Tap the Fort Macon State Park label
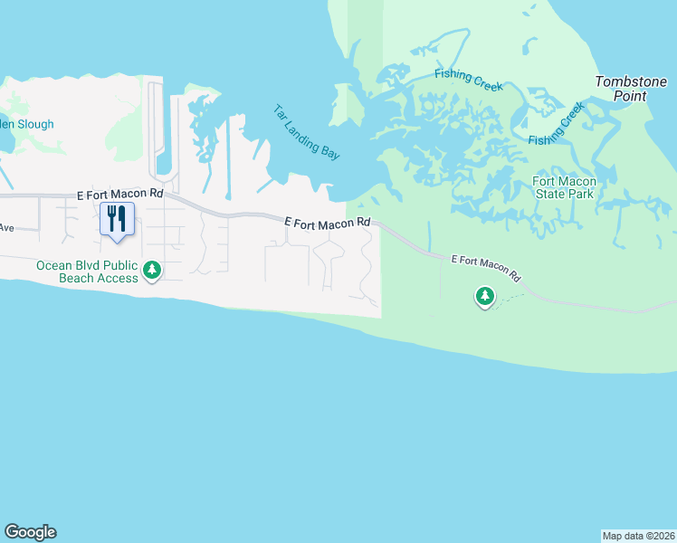pyautogui.click(x=562, y=187)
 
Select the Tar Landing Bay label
pyautogui.click(x=307, y=132)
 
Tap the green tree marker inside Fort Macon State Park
pyautogui.click(x=485, y=295)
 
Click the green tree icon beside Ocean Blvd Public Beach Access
pyautogui.click(x=152, y=270)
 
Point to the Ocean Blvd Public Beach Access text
pyautogui.click(x=86, y=271)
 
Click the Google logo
pyautogui.click(x=30, y=532)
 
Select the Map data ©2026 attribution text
pyautogui.click(x=639, y=535)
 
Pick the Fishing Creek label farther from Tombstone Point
pyautogui.click(x=468, y=80)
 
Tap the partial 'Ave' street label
pyautogui.click(x=8, y=227)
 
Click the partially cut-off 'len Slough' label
pyautogui.click(x=27, y=124)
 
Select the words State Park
pyautogui.click(x=562, y=194)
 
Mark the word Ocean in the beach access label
pyautogui.click(x=54, y=265)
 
